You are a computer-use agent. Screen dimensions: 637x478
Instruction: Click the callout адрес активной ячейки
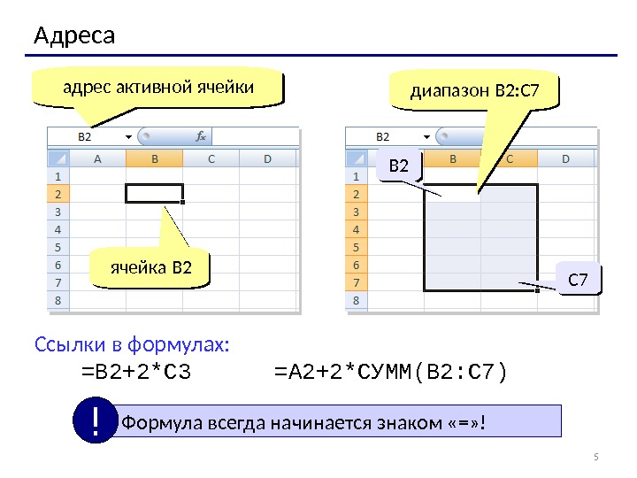pos(157,88)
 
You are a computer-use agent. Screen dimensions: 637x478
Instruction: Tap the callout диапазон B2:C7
pos(473,90)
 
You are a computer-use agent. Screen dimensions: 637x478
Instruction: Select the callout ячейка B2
pos(150,267)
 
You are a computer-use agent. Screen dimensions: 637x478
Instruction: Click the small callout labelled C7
pos(578,280)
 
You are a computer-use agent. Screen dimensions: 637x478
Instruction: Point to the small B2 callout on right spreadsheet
pos(399,166)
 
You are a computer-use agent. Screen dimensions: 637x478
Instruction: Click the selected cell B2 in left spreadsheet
pos(154,193)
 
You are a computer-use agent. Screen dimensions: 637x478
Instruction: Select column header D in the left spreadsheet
pos(267,158)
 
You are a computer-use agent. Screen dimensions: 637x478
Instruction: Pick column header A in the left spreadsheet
pos(97,158)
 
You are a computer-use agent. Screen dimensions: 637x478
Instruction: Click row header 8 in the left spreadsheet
pos(58,300)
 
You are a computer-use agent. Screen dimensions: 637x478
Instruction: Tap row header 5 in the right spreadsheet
pos(357,247)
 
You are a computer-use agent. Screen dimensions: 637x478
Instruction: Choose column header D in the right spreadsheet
pos(565,158)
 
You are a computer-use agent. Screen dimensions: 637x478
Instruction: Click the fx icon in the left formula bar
pos(200,137)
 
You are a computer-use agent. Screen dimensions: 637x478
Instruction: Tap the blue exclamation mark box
pos(95,420)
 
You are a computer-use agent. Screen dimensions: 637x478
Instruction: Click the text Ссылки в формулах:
pos(132,343)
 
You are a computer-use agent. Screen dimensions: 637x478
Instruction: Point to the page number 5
pos(595,457)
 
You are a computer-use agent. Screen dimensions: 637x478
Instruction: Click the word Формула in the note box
pos(152,421)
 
